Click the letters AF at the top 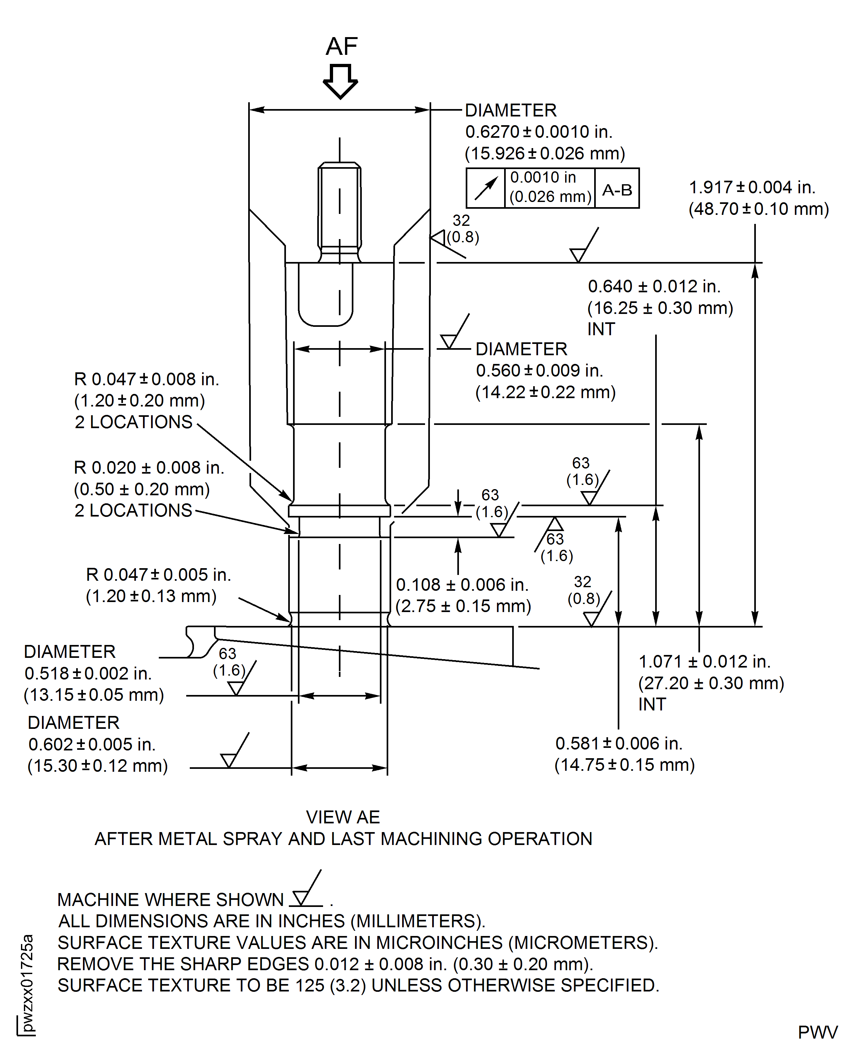pyautogui.click(x=341, y=47)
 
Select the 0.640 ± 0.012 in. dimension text pyautogui.click(x=654, y=287)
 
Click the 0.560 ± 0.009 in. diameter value pyautogui.click(x=539, y=370)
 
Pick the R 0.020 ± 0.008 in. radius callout pyautogui.click(x=148, y=468)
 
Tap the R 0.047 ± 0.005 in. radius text pyautogui.click(x=158, y=575)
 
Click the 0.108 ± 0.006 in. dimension pyautogui.click(x=462, y=585)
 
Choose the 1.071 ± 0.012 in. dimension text pyautogui.click(x=704, y=662)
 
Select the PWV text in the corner pyautogui.click(x=817, y=1032)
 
